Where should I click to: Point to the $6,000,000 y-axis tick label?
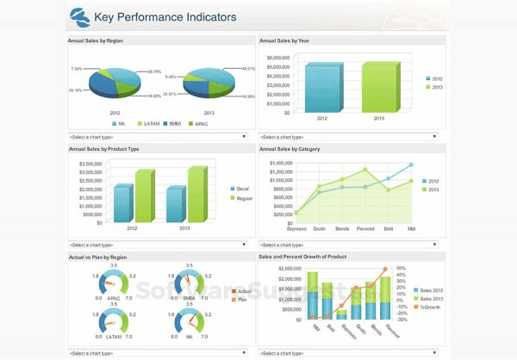(x=273, y=58)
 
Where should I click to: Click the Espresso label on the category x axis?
(x=296, y=228)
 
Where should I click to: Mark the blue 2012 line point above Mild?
(x=412, y=165)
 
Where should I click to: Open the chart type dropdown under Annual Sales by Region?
(x=157, y=136)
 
